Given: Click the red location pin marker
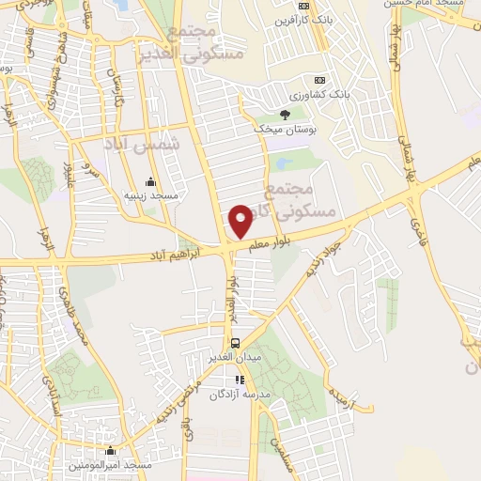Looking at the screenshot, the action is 241,221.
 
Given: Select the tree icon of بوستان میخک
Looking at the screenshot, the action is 285,115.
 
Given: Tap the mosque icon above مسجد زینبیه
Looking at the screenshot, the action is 151,181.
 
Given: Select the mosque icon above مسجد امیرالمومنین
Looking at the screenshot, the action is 111,451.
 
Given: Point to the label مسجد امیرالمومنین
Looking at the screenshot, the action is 111,465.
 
